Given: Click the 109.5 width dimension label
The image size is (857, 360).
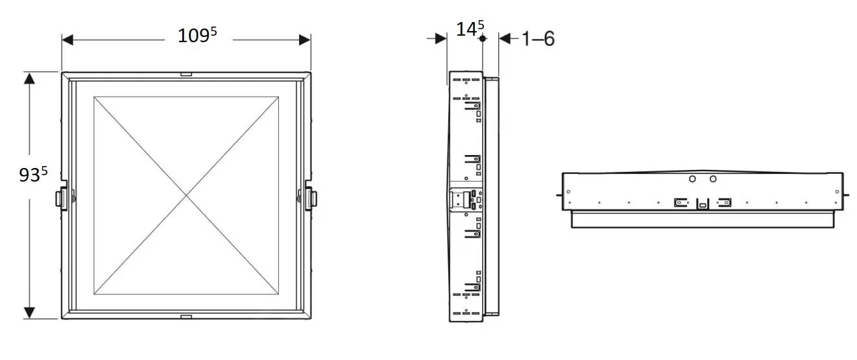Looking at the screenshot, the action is (197, 35).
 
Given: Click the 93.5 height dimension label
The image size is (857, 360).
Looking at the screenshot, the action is (33, 174).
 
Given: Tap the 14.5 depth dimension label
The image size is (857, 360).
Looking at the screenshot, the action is (470, 29).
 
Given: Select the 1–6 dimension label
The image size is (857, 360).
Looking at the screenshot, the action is (538, 39).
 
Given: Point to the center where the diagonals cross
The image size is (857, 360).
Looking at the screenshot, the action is (186, 196).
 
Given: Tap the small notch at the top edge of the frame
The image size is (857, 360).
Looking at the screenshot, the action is (186, 74).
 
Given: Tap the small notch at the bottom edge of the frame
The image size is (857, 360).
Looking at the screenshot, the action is (186, 317).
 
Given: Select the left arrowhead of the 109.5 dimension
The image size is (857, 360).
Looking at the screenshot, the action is (67, 40).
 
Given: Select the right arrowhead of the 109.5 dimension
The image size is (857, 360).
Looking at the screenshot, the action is (305, 40).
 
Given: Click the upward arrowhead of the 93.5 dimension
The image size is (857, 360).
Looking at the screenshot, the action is (29, 78).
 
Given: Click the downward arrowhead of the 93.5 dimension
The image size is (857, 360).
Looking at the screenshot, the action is (29, 313).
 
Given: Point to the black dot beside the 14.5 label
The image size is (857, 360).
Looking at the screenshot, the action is (483, 38).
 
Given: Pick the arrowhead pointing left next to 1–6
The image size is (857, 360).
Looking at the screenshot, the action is (505, 38).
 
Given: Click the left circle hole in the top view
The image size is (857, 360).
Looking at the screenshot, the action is (692, 178).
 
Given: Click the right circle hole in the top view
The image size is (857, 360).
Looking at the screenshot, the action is (713, 178).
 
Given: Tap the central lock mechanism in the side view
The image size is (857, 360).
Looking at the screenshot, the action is (466, 199).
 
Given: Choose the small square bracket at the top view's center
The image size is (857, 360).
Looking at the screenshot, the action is (703, 204).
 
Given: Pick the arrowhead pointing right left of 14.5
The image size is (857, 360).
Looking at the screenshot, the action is (441, 38).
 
